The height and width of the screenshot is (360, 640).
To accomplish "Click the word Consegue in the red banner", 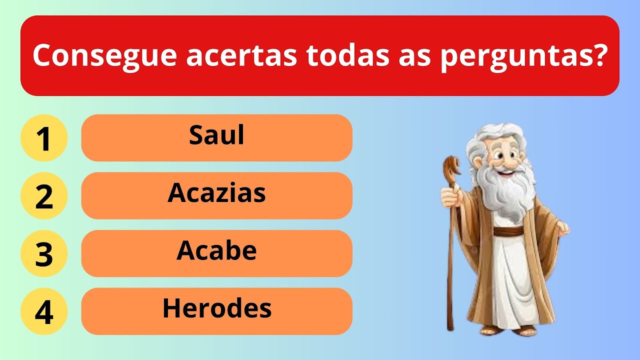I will coord(104,56).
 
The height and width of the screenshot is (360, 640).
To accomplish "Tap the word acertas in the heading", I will coord(241,56).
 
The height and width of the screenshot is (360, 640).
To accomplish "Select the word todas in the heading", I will coord(348,56).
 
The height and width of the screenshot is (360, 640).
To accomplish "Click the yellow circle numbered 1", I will coord(44,138).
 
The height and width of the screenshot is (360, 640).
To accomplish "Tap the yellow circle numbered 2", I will coord(44,196).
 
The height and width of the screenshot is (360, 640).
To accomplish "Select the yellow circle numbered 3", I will coord(44,253).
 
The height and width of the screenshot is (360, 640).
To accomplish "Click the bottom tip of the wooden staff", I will coord(450,327).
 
